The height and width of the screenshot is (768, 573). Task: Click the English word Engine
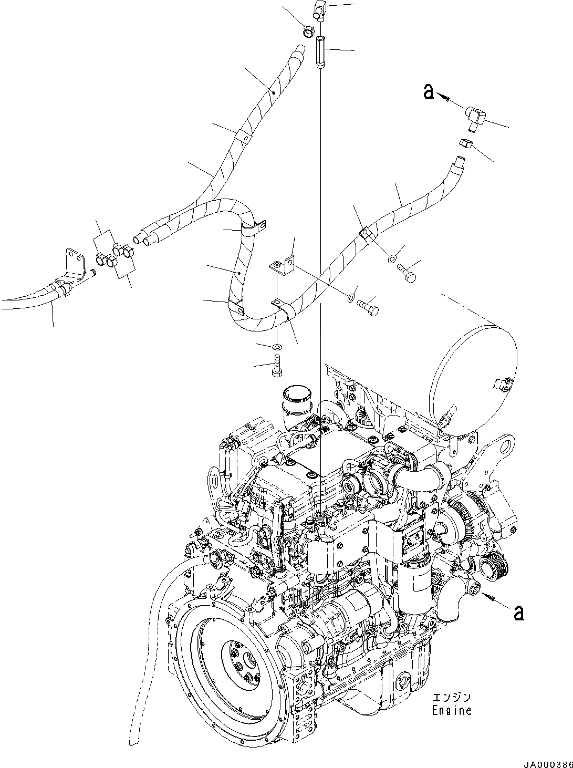pyautogui.click(x=452, y=711)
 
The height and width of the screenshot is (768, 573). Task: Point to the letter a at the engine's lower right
pyautogui.click(x=518, y=613)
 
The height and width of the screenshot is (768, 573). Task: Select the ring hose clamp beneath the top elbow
pyautogui.click(x=309, y=32)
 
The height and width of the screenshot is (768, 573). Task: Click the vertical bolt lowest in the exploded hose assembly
pyautogui.click(x=277, y=366)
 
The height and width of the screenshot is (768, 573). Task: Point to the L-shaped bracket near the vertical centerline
pyautogui.click(x=283, y=266)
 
